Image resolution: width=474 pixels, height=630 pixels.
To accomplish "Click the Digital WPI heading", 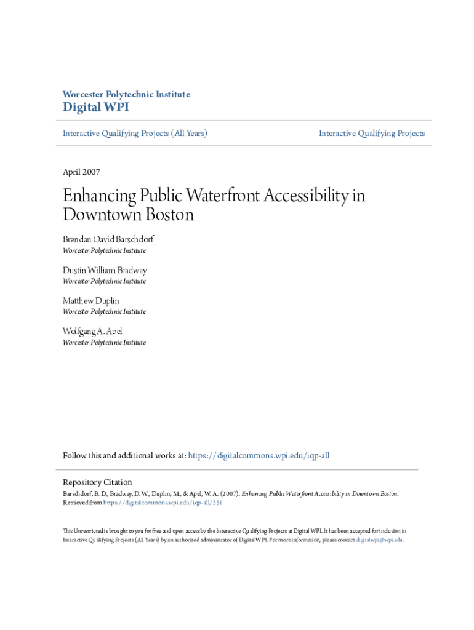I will (96, 108).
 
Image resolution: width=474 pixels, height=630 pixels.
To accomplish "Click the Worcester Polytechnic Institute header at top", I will (126, 94).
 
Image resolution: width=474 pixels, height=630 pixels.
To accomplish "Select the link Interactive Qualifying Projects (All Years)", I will (135, 134).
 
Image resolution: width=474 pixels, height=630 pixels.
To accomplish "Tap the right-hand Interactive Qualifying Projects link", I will (372, 134).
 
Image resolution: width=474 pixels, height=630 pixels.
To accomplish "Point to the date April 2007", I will (81, 172).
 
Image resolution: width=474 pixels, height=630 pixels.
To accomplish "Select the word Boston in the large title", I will (169, 215).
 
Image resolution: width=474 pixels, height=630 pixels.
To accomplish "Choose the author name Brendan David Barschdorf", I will (108, 240).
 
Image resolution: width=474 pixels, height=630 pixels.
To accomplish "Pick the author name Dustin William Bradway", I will (105, 271).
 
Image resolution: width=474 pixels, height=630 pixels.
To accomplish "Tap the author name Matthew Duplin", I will (91, 301).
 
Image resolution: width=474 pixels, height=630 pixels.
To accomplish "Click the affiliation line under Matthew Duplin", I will (104, 312).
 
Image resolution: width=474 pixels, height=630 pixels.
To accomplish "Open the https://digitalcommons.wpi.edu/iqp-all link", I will (259, 456).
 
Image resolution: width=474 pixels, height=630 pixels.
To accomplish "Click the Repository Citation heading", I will (97, 482).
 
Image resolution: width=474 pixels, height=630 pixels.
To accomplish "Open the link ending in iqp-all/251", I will (163, 503).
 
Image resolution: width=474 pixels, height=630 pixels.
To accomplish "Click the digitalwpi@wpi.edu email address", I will (379, 540).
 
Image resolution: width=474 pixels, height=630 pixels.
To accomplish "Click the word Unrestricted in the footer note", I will (87, 530).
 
